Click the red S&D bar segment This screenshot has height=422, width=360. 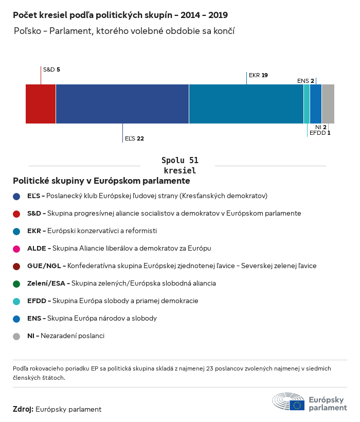41,104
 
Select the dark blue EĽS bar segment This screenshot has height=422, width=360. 122,104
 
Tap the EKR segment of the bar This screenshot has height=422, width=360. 246,104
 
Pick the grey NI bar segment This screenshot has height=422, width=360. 328,104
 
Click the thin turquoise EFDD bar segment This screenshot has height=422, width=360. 307,104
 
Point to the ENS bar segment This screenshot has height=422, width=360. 316,104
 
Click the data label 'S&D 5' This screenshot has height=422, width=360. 51,69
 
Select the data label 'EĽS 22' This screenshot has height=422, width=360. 134,138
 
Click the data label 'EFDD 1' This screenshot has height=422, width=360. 319,133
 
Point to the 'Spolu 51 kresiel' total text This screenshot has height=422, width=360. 179,165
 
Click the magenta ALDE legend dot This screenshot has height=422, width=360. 16,249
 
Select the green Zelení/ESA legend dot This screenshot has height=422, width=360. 16,284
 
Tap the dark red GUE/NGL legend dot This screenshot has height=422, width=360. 16,266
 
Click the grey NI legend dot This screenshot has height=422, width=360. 16,336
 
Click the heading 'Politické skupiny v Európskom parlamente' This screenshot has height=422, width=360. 101,181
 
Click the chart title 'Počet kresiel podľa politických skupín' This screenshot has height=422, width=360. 120,15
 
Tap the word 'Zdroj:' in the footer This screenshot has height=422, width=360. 23,410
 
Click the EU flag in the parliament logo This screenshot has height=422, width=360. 297,405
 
